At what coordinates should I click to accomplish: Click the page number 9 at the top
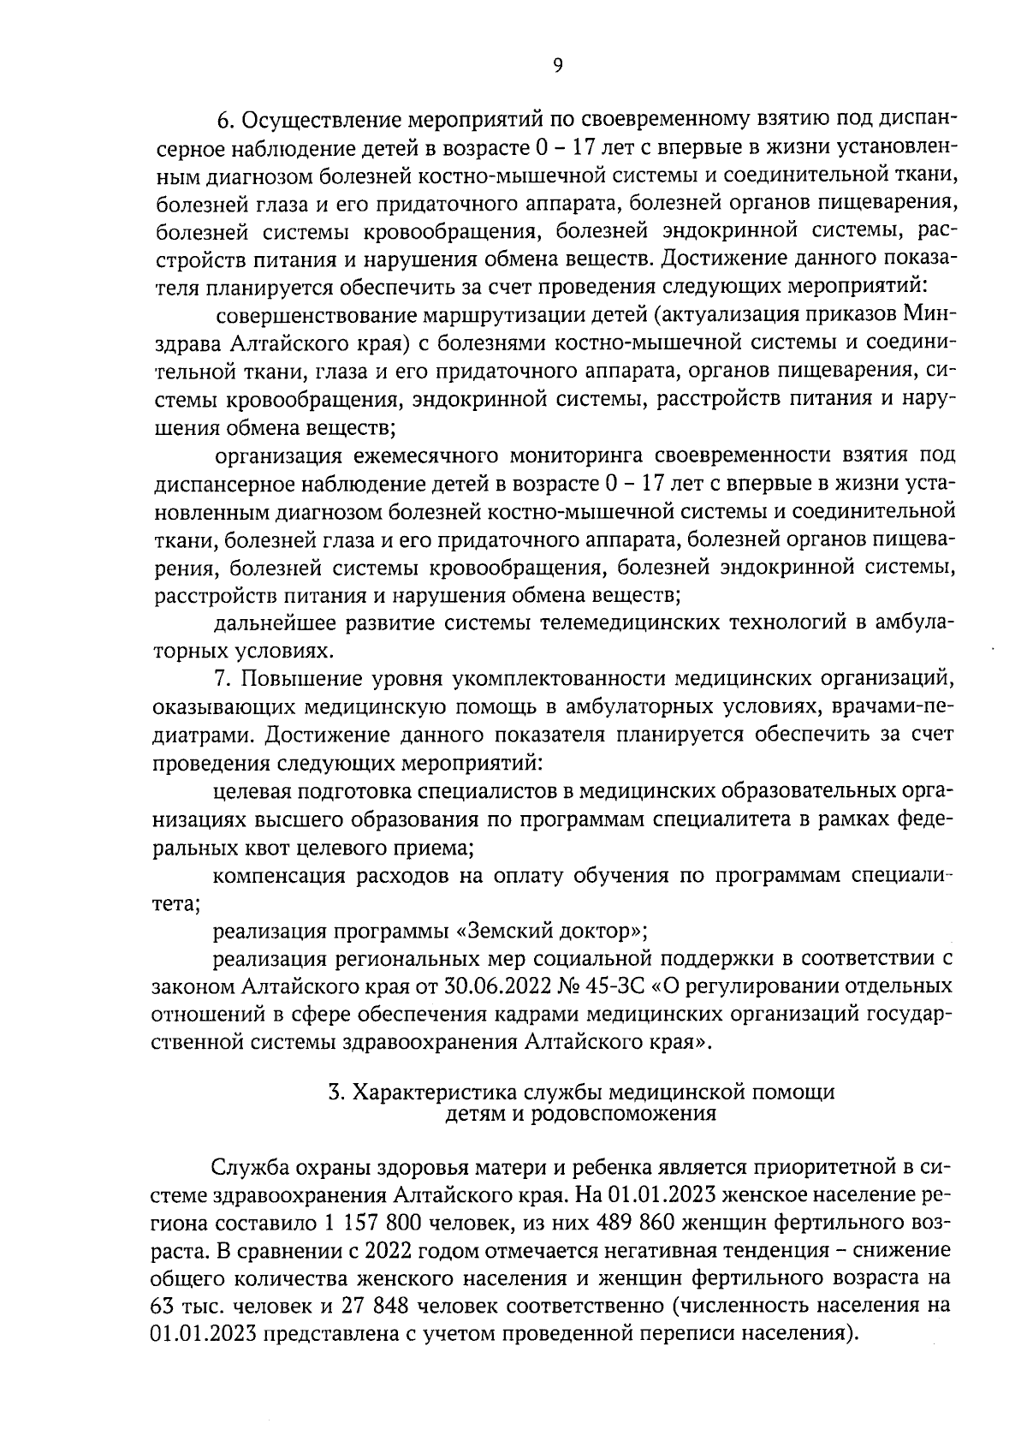click(x=557, y=65)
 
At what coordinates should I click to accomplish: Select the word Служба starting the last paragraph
click(x=250, y=1167)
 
